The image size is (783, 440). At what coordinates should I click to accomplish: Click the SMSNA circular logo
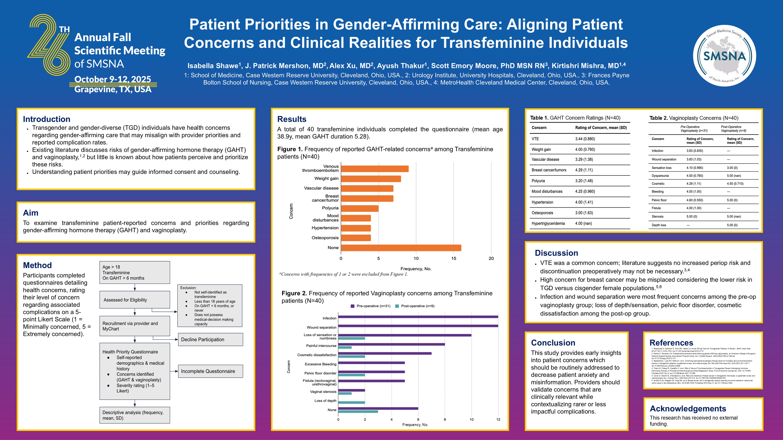coord(724,56)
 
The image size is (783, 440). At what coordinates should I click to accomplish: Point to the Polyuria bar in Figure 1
coord(360,208)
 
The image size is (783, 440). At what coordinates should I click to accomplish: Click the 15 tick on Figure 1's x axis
coord(453,258)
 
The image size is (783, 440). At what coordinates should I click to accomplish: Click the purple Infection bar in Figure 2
coord(418,317)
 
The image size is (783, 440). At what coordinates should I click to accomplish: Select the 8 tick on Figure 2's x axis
coord(445,419)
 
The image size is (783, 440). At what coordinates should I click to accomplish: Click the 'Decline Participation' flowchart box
coord(210,340)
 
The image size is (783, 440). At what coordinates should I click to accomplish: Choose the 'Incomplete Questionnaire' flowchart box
coord(210,371)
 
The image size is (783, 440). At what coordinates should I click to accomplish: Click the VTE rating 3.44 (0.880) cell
coord(585,139)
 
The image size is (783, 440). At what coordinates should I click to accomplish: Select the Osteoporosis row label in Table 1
coord(542,213)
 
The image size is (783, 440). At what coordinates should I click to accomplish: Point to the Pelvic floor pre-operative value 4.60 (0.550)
coord(695,200)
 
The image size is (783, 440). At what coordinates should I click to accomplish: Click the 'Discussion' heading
coord(556,253)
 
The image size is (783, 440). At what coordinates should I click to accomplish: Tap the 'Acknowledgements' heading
coord(688,408)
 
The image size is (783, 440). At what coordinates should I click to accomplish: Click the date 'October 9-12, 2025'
coord(113,79)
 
